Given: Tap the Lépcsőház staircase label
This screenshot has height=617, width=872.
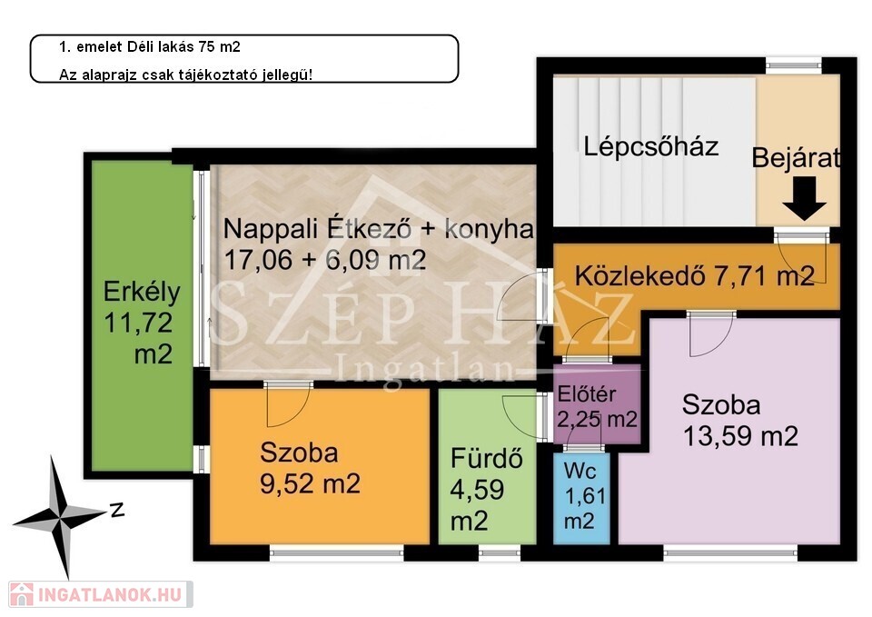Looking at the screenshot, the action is click(650, 146).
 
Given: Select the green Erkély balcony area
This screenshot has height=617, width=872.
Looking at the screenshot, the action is click(142, 315).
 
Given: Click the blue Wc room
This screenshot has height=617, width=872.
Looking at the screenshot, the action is click(581, 498).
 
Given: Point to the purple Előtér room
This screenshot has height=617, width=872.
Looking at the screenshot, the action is click(597, 404).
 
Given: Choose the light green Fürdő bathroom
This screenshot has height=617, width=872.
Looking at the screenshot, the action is click(487, 466).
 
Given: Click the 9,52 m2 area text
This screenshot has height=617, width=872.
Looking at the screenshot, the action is click(310, 483).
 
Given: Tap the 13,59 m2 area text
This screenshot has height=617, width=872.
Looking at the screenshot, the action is click(740, 436).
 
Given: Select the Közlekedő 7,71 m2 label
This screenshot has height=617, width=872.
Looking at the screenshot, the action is click(695, 275).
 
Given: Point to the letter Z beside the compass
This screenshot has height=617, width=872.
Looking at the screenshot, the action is click(117, 509).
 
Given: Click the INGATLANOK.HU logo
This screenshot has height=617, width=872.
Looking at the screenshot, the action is click(101, 594).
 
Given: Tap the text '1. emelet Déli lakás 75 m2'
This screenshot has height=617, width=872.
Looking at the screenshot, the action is click(150, 46).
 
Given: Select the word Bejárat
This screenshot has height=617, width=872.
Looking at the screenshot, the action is click(796, 158).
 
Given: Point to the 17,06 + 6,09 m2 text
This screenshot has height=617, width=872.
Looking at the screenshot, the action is click(325, 260).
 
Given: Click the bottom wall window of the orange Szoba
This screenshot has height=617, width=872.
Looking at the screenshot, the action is click(336, 552).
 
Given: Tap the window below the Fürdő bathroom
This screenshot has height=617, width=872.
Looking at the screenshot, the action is click(499, 552).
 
